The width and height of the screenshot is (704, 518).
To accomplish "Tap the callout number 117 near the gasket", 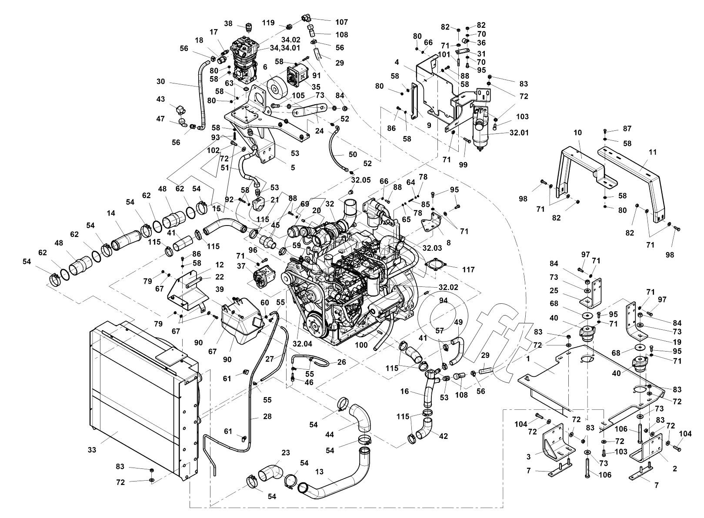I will (x=468, y=270).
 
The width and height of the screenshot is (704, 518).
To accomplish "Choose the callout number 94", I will (x=443, y=300).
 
